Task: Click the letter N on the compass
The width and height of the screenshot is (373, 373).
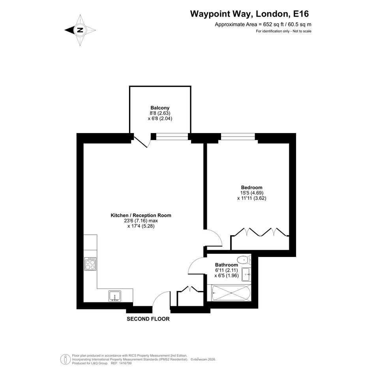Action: click(x=80, y=30)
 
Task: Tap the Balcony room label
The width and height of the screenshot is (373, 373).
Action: click(x=160, y=108)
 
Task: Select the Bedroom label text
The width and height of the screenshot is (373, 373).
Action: click(x=252, y=187)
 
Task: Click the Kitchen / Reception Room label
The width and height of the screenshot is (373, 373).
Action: click(x=141, y=215)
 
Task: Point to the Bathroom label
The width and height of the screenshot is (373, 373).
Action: click(x=227, y=265)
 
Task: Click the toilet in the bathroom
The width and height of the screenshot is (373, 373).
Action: click(x=244, y=260)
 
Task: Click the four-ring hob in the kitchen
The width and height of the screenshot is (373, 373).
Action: click(x=90, y=264)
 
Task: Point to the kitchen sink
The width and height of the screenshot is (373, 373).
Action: click(x=114, y=296)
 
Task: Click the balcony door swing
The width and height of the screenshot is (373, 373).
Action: click(x=143, y=142)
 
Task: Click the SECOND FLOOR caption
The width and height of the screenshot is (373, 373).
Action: click(x=148, y=319)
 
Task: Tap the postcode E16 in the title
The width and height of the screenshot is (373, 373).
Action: click(x=301, y=14)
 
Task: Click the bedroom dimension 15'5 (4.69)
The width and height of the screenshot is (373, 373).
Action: click(x=252, y=193)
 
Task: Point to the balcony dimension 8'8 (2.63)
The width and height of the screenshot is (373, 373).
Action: click(x=160, y=113)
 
